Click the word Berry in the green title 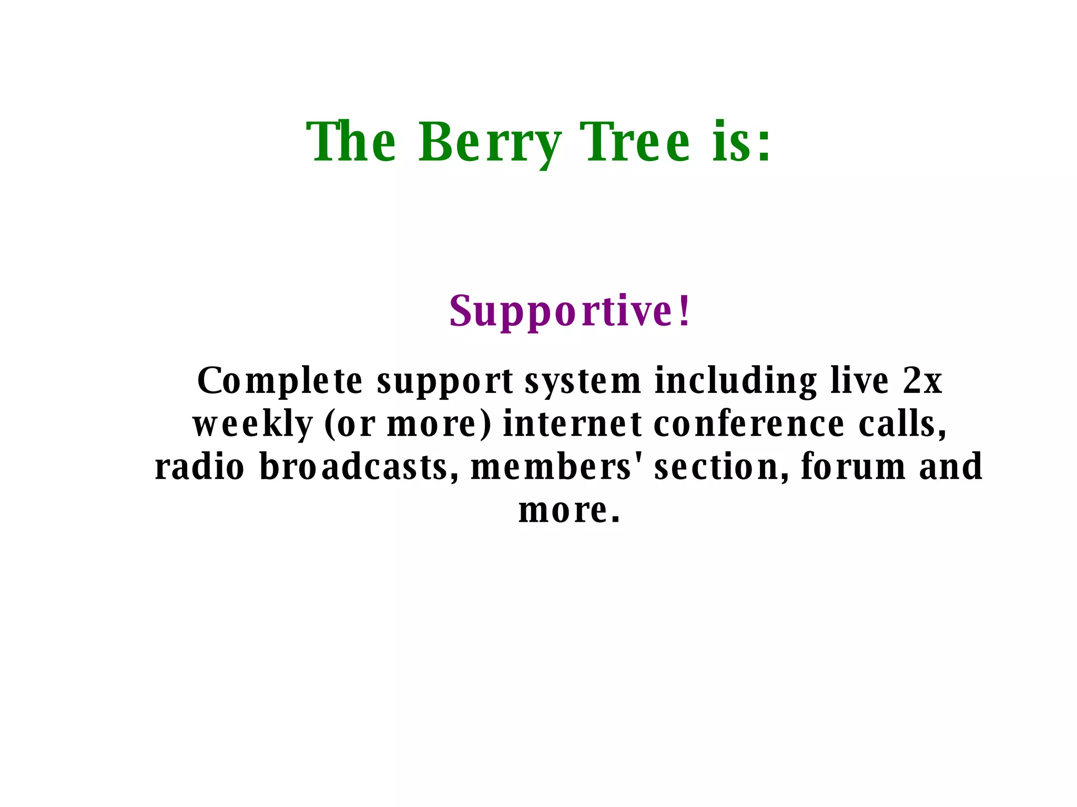[x=490, y=142]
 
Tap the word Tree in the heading [x=635, y=142]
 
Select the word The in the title [x=351, y=142]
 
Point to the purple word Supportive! [x=570, y=312]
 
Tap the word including [x=736, y=382]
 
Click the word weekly [x=253, y=425]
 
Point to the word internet [x=573, y=424]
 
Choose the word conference [x=749, y=424]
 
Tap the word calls [x=902, y=424]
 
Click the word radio [x=200, y=467]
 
